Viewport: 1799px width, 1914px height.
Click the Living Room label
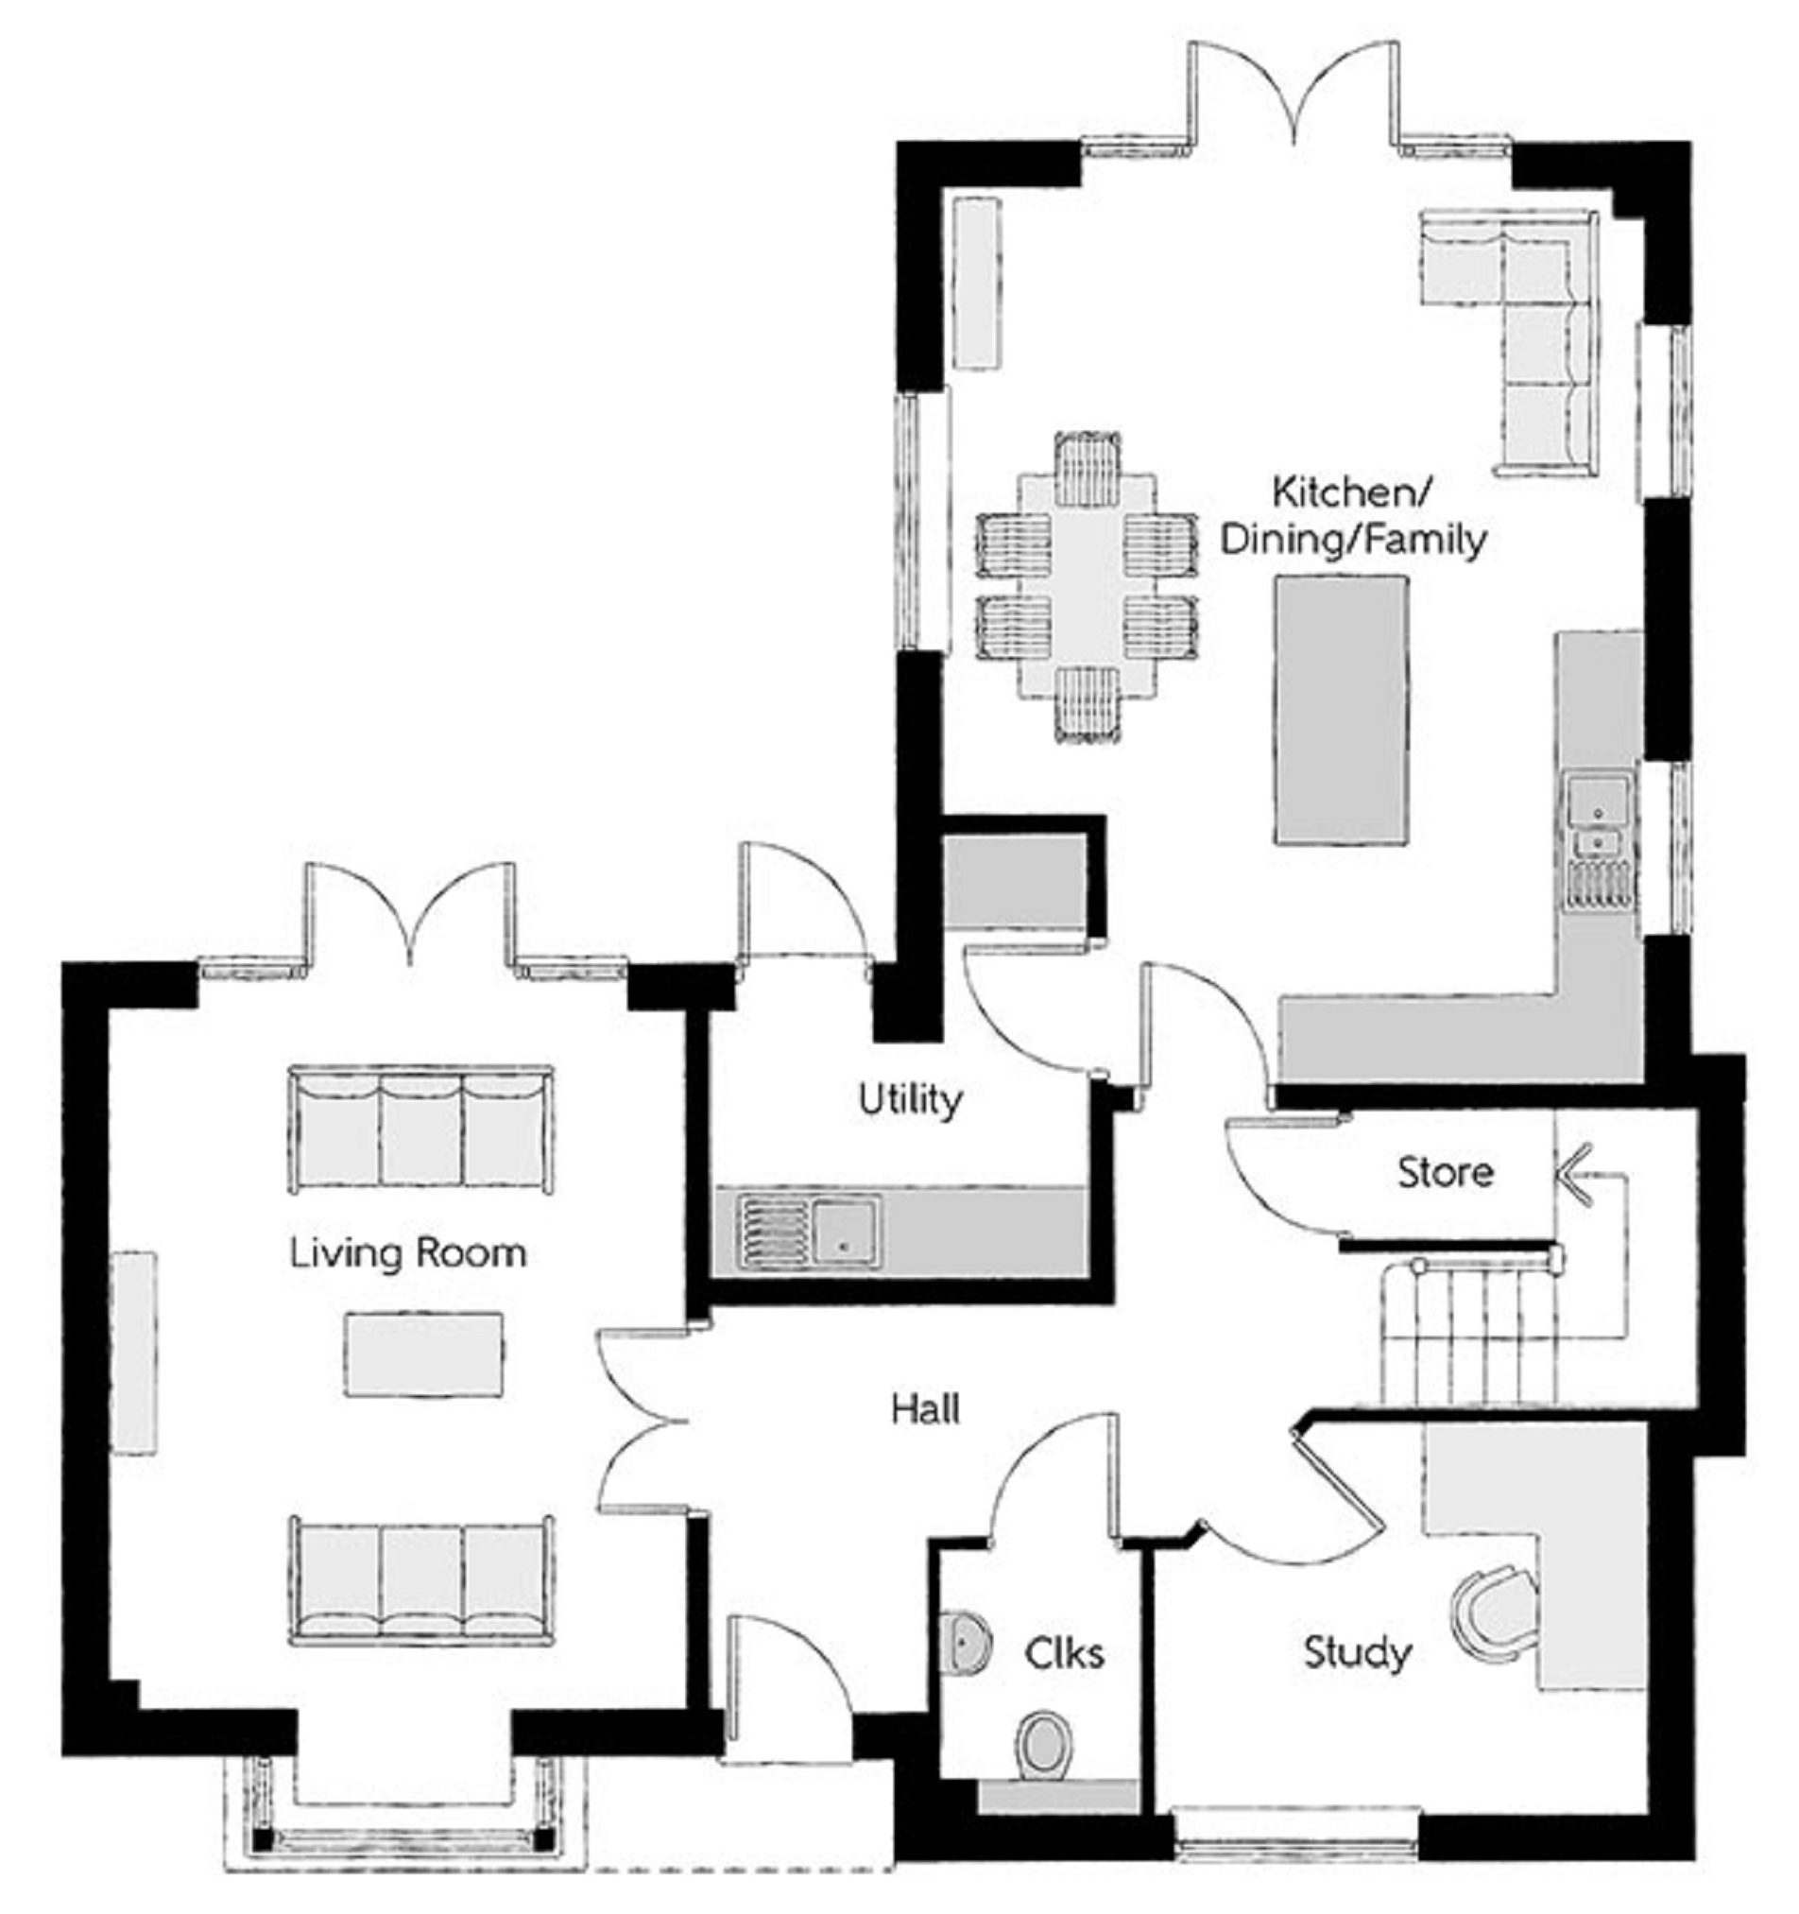[408, 1252]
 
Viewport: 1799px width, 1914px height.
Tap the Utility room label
[910, 1098]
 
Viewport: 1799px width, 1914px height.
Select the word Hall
[925, 1409]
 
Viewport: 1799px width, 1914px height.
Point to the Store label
[1445, 1172]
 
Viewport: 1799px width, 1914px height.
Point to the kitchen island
[1342, 711]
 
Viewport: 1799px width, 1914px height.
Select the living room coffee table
[424, 1354]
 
